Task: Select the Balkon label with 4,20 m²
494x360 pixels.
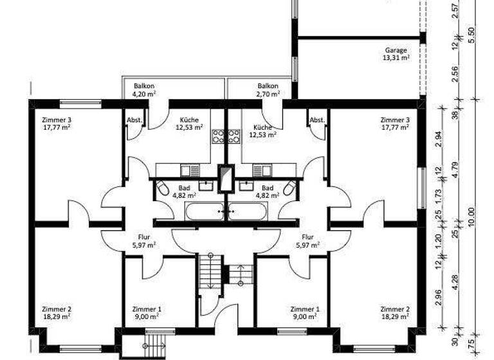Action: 144,86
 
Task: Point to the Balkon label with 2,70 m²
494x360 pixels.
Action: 268,86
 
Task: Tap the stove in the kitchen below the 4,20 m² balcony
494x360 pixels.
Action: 217,136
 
